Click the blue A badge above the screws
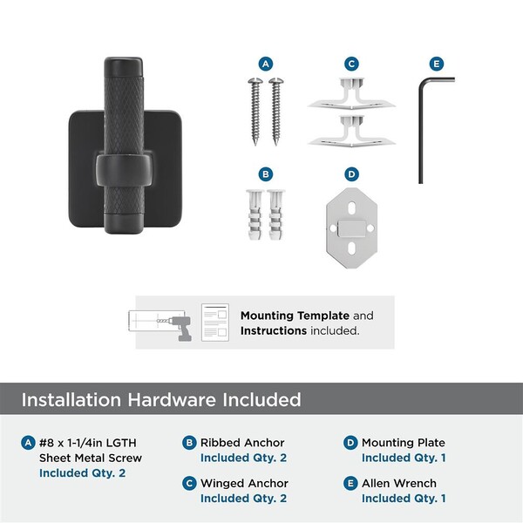click(266, 64)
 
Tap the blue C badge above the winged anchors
click(351, 64)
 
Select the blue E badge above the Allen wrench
click(437, 64)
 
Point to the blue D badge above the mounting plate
click(351, 174)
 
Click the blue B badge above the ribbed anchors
click(266, 174)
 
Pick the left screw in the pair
click(255, 112)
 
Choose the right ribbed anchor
click(275, 214)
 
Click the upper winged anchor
click(351, 94)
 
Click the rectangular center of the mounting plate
click(351, 228)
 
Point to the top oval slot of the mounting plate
click(351, 208)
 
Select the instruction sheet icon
click(215, 323)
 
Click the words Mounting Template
click(295, 316)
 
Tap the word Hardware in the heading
click(172, 399)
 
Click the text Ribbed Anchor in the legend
click(242, 443)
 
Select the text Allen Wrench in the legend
click(399, 483)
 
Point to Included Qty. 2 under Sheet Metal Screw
click(83, 473)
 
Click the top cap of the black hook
click(124, 67)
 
